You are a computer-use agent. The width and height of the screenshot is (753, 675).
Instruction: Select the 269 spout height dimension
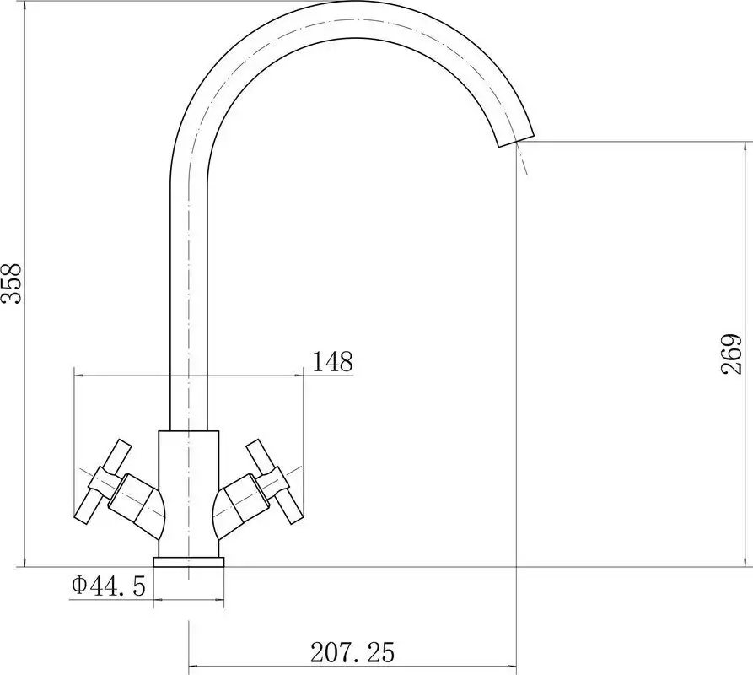[x=731, y=354]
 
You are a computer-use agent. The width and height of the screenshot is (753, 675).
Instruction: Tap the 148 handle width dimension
[x=332, y=362]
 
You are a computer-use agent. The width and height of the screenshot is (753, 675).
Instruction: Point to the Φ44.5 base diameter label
[x=109, y=585]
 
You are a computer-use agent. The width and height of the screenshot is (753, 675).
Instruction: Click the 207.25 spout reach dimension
[x=352, y=652]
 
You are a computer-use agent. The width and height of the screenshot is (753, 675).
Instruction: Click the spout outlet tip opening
[x=514, y=142]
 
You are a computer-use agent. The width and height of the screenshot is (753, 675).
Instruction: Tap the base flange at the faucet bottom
[x=189, y=562]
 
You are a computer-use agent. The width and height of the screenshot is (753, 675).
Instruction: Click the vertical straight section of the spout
[x=189, y=295]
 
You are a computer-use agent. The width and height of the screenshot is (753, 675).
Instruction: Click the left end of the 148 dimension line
[x=75, y=373]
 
